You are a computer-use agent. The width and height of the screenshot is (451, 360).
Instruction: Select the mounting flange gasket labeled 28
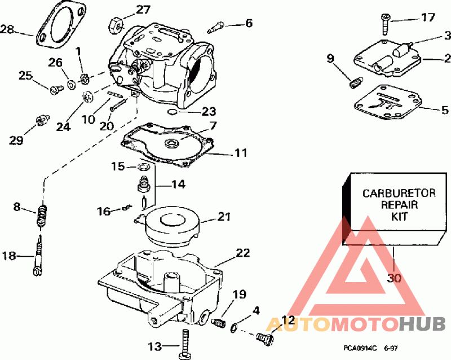59,25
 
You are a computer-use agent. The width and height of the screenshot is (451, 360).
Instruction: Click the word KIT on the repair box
399,216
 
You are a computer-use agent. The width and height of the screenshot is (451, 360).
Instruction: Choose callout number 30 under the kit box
394,278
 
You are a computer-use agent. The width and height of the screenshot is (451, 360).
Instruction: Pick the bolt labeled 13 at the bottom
185,344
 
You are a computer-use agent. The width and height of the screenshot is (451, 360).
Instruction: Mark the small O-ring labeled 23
174,111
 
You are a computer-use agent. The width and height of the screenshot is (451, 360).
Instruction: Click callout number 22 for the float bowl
243,253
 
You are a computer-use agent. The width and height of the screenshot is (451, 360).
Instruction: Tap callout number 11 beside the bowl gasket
241,152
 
